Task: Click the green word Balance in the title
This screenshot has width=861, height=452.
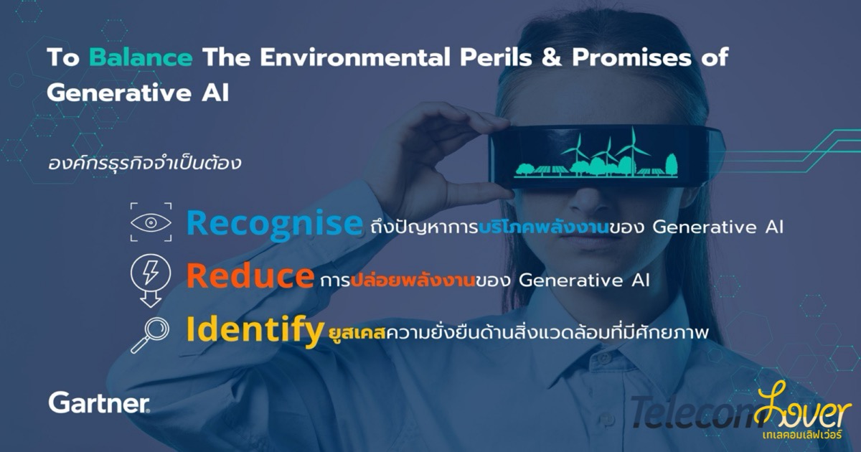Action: [141, 57]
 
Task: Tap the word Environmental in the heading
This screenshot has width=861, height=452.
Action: [354, 57]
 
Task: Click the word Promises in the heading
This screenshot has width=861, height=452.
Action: [631, 57]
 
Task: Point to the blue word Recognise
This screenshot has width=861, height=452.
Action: [274, 225]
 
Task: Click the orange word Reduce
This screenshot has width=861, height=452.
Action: [250, 276]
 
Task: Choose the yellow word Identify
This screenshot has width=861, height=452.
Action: [255, 331]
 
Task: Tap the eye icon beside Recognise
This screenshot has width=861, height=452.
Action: [151, 222]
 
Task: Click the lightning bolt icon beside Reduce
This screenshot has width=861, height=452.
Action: [150, 272]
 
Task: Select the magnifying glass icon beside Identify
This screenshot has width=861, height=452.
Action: [151, 335]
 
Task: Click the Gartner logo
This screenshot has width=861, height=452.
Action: [99, 402]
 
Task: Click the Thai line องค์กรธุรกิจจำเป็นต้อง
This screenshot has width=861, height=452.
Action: [144, 163]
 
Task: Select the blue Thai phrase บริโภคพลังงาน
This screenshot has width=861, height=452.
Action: [544, 227]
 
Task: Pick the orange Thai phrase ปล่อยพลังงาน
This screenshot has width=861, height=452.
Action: [413, 281]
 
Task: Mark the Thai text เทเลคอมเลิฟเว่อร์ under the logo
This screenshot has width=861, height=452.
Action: [802, 435]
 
